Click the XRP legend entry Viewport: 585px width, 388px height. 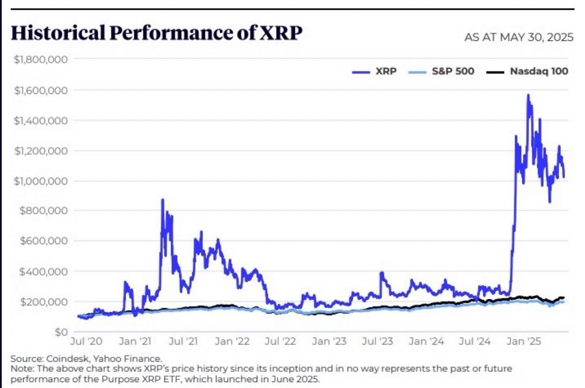coord(376,70)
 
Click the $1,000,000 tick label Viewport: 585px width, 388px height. coord(39,181)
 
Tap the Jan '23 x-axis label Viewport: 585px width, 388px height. coord(328,341)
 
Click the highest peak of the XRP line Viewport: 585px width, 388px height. coord(528,96)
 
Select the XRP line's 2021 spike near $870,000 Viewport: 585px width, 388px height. coord(162,200)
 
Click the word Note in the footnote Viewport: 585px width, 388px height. coord(21,368)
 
